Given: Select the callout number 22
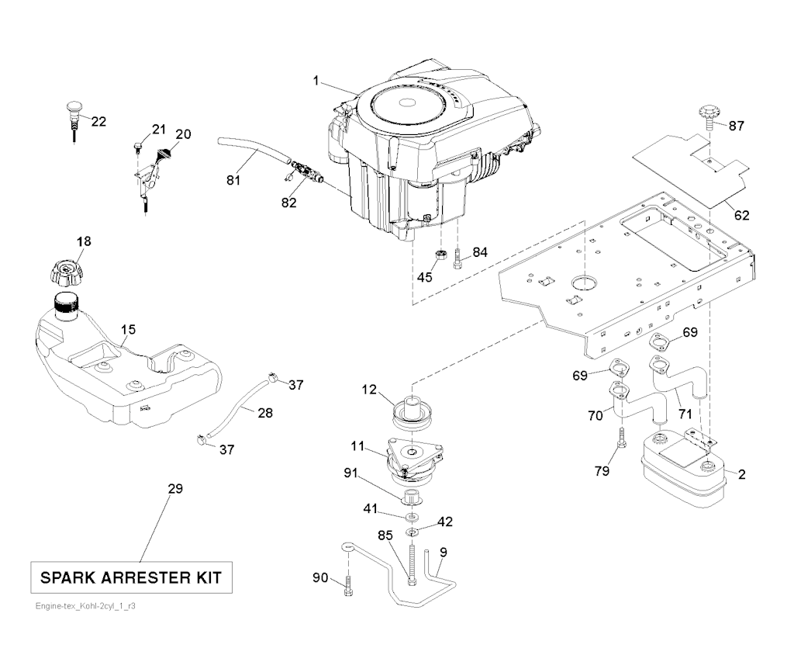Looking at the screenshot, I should pyautogui.click(x=98, y=121).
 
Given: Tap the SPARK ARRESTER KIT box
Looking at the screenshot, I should pyautogui.click(x=130, y=577).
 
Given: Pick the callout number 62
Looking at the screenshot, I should pyautogui.click(x=742, y=215).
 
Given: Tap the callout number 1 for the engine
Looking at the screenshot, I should pyautogui.click(x=316, y=80).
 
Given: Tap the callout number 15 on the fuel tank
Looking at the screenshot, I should pyautogui.click(x=128, y=330).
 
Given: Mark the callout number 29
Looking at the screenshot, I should pyautogui.click(x=175, y=488).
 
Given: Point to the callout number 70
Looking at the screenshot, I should pyautogui.click(x=595, y=416).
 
